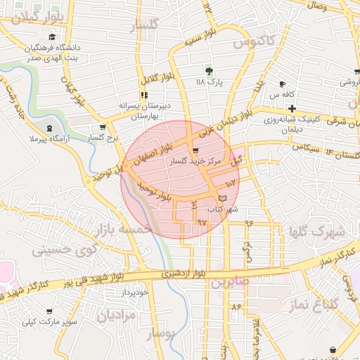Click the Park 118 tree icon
pyautogui.click(x=208, y=71)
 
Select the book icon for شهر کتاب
pyautogui.click(x=223, y=199)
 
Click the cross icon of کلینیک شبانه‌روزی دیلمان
pyautogui.click(x=292, y=108)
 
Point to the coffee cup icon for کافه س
pyautogui.click(x=283, y=84)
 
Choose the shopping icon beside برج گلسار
pyautogui.click(x=103, y=127)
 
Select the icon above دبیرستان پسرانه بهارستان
pyautogui.click(x=143, y=95)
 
